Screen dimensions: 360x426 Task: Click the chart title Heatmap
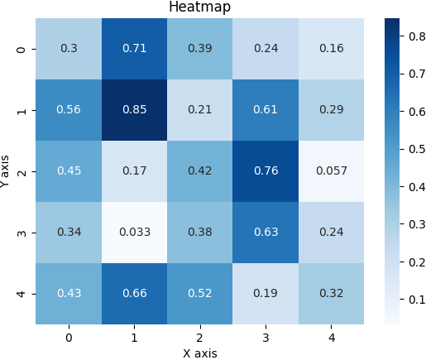click(x=199, y=7)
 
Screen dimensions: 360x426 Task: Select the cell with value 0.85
click(x=134, y=110)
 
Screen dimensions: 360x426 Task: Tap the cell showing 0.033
click(x=134, y=233)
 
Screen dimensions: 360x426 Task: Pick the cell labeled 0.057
click(x=330, y=171)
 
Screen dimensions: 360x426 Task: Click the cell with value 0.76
click(x=265, y=171)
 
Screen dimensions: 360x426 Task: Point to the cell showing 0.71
click(x=134, y=49)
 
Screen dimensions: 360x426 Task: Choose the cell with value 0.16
click(x=330, y=49)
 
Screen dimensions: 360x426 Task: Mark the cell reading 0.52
click(x=199, y=294)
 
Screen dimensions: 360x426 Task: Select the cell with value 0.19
click(x=265, y=294)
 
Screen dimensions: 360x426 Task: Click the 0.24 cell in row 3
click(x=330, y=233)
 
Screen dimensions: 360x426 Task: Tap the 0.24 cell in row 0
click(x=265, y=49)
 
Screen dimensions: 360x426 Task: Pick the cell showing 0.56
click(x=69, y=110)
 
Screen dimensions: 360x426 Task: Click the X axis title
click(x=199, y=353)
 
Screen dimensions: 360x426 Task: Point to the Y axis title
click(x=7, y=171)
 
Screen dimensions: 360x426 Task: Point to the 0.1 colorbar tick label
click(x=414, y=300)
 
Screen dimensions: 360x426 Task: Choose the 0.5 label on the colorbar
click(x=414, y=149)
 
